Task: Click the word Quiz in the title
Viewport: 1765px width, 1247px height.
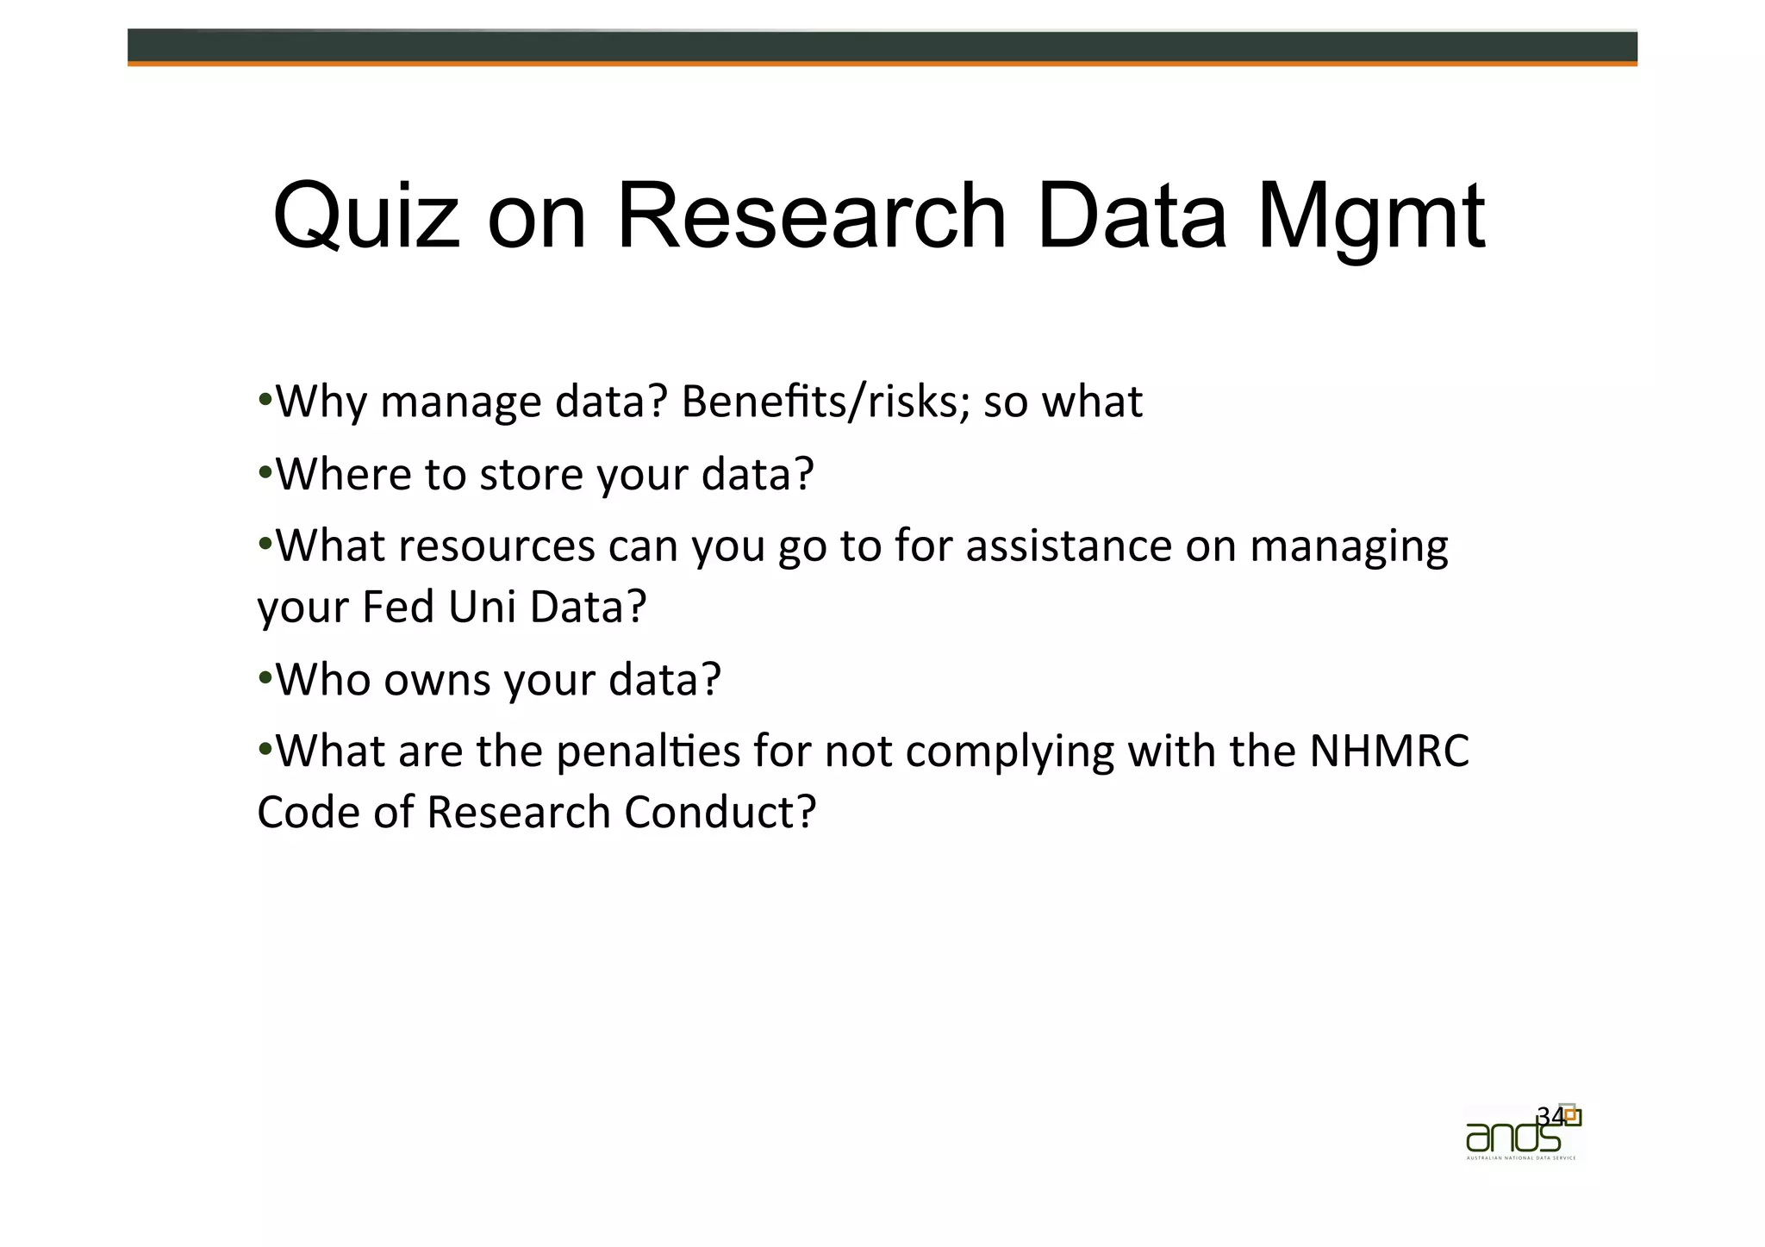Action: coord(366,217)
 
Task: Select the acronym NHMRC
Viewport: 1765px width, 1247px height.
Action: coord(1389,751)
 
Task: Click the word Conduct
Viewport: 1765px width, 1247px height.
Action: coord(720,813)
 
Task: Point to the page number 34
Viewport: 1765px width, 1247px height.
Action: coord(1550,1116)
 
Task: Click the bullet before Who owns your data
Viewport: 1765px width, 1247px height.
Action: coord(265,677)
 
